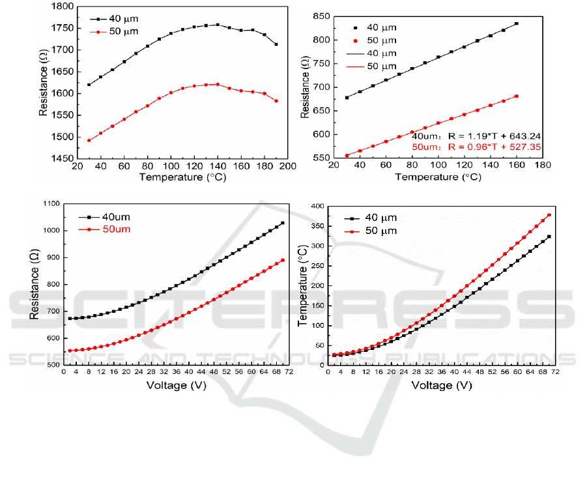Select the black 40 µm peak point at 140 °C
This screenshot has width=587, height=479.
218,25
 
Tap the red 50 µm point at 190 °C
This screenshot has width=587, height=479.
276,101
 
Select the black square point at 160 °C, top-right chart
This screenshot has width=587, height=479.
517,23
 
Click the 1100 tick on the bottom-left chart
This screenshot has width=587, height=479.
50,204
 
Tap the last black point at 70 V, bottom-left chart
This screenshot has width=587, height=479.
283,223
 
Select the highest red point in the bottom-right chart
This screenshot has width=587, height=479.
549,215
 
